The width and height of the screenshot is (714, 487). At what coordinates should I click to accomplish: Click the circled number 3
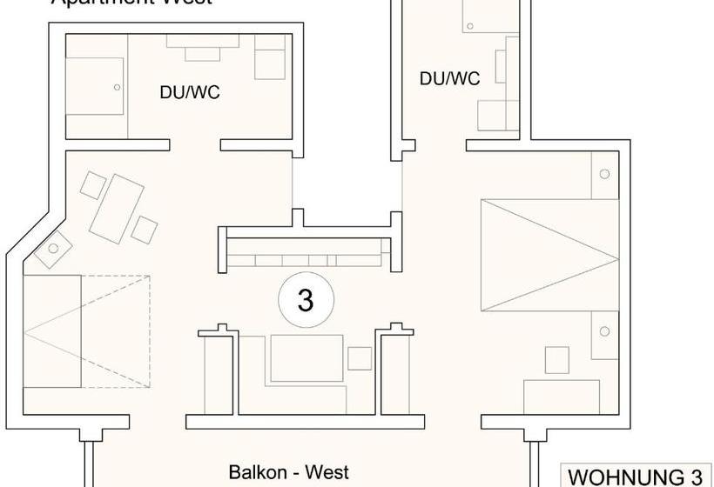tap(305, 300)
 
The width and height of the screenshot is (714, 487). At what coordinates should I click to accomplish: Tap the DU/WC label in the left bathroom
tap(189, 91)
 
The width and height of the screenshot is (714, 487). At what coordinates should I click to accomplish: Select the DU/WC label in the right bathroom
tap(449, 78)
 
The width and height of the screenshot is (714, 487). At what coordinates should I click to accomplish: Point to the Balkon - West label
tap(288, 472)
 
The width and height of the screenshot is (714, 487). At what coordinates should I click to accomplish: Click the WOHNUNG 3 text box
tap(635, 477)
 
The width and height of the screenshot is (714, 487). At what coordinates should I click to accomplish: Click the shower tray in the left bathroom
tap(96, 86)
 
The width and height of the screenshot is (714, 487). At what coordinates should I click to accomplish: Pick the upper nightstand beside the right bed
tap(604, 174)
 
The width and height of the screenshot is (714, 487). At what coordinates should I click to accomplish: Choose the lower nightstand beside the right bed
tap(604, 333)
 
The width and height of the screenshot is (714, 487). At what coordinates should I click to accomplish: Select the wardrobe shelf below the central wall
tap(306, 259)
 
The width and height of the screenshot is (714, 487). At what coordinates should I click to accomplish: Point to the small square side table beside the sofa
tap(360, 357)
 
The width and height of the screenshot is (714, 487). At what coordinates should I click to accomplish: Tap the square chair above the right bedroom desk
tap(556, 359)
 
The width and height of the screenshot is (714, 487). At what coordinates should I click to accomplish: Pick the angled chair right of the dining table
tap(145, 230)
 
